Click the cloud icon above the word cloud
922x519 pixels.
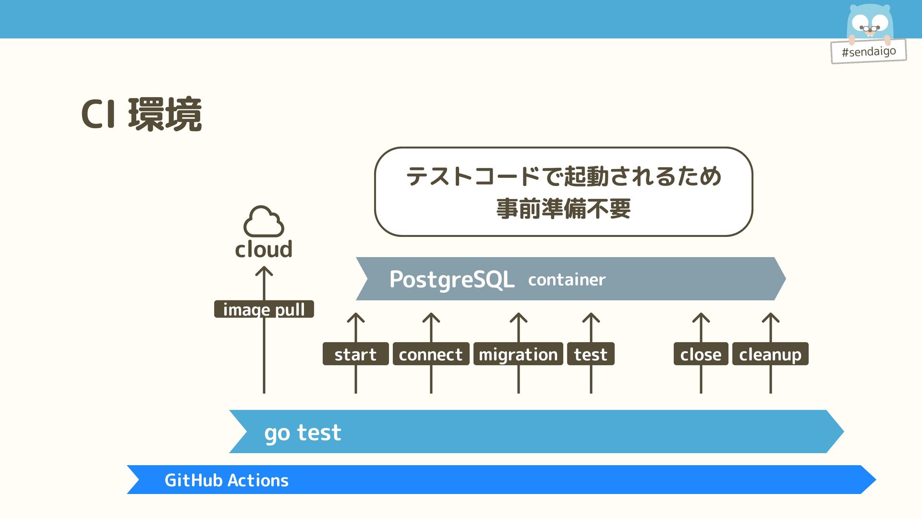(x=264, y=222)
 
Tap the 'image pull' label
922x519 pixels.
(x=264, y=309)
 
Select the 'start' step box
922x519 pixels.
(x=355, y=354)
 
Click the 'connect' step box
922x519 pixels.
(x=431, y=354)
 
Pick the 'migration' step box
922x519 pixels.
(x=518, y=354)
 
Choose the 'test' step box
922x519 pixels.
(x=591, y=354)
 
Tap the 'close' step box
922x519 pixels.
(x=701, y=354)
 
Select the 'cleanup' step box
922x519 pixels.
(x=770, y=354)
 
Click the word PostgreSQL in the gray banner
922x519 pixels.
(x=451, y=279)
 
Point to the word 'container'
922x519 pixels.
(x=567, y=280)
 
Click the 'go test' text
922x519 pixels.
(x=303, y=432)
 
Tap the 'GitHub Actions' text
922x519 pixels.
(x=226, y=480)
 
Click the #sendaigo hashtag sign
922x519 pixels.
(x=869, y=51)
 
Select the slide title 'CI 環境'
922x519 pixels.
(x=141, y=114)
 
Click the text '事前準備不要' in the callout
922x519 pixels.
(x=563, y=209)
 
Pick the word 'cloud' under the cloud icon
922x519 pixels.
(x=264, y=249)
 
